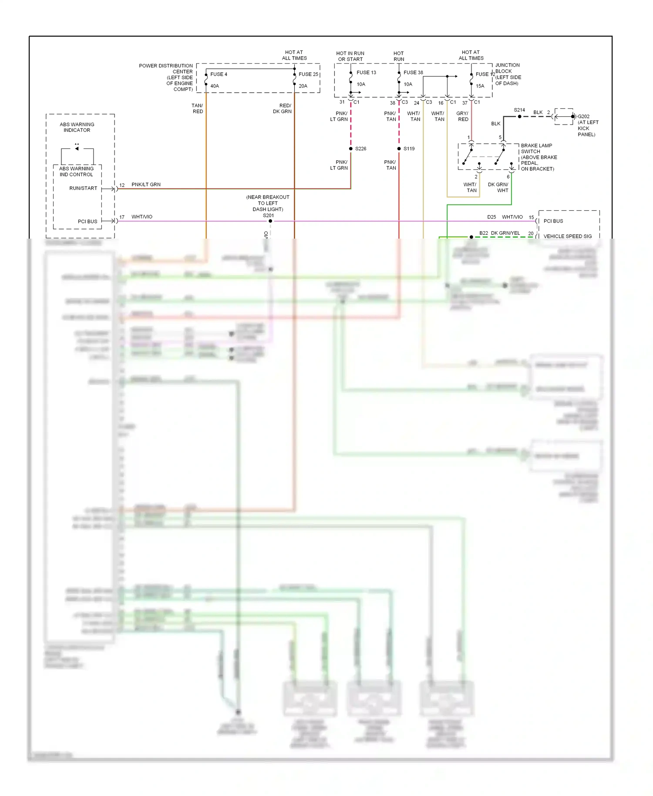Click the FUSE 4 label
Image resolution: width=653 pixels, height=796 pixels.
click(x=219, y=74)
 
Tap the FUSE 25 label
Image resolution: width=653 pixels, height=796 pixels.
click(x=308, y=74)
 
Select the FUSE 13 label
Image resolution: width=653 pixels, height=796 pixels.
click(x=366, y=73)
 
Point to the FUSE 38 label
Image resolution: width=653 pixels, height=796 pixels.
click(x=413, y=73)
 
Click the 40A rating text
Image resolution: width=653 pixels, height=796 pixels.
click(x=215, y=86)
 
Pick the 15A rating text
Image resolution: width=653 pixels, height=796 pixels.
click(x=480, y=86)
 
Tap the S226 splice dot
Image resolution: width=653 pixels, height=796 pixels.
click(x=351, y=149)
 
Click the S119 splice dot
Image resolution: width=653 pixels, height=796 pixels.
click(x=399, y=149)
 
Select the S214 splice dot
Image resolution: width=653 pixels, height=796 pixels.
click(x=519, y=117)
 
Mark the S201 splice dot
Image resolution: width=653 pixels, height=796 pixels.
click(x=270, y=221)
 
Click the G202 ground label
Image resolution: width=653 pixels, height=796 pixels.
click(x=583, y=117)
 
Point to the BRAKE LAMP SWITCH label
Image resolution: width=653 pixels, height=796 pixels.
click(x=536, y=148)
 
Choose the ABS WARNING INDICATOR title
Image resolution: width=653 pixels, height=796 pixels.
click(x=77, y=127)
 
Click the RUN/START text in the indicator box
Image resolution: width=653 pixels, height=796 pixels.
click(x=83, y=189)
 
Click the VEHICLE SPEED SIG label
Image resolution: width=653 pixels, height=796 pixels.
click(x=567, y=236)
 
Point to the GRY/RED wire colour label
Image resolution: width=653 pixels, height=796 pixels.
click(x=462, y=116)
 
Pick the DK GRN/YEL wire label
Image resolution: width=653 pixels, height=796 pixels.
click(x=505, y=233)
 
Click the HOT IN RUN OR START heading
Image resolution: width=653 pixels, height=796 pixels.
click(x=350, y=56)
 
